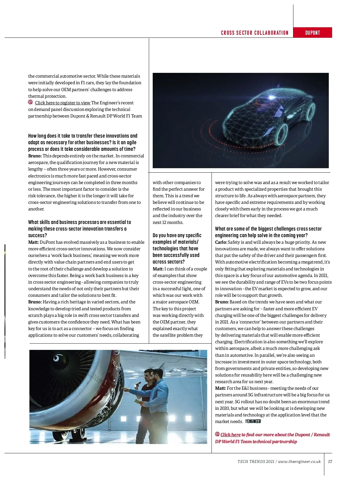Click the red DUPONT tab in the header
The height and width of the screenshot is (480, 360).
[x=313, y=33]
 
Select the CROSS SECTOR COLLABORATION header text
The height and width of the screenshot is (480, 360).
[x=254, y=33]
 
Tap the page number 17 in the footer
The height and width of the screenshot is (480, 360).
[x=330, y=461]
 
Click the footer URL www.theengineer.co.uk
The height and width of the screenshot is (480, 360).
[x=299, y=461]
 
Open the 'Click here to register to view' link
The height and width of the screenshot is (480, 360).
[x=62, y=103]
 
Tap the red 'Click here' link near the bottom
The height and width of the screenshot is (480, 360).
[x=230, y=435]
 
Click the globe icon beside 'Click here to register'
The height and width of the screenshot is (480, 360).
[x=30, y=102]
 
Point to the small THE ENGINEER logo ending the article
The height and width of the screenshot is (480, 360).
[x=253, y=421]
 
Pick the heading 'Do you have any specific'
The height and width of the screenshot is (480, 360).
[x=177, y=235]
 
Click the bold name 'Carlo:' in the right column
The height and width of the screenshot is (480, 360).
[x=221, y=242]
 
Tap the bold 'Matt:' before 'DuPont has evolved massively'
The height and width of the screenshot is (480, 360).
[x=33, y=242]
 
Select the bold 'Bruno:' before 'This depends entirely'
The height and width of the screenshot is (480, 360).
[x=35, y=156]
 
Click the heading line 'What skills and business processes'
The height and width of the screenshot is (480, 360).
[x=79, y=222]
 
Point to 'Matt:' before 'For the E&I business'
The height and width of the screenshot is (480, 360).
[x=220, y=388]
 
